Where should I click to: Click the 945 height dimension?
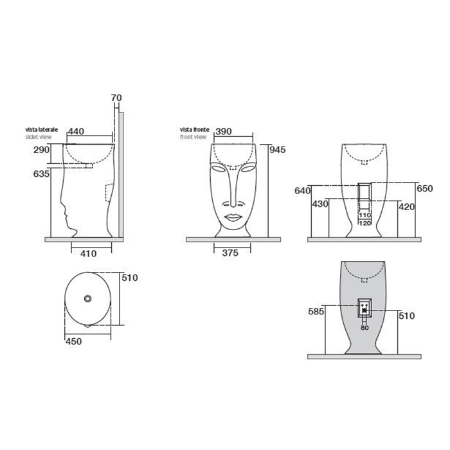278,150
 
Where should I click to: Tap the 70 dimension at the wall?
116,98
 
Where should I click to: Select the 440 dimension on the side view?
76,131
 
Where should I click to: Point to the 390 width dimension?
223,131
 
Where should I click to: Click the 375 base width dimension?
230,253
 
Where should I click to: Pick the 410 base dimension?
89,253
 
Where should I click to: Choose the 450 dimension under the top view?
74,341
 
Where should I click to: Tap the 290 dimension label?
41,150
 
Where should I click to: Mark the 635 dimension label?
41,174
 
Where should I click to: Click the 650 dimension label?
424,188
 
